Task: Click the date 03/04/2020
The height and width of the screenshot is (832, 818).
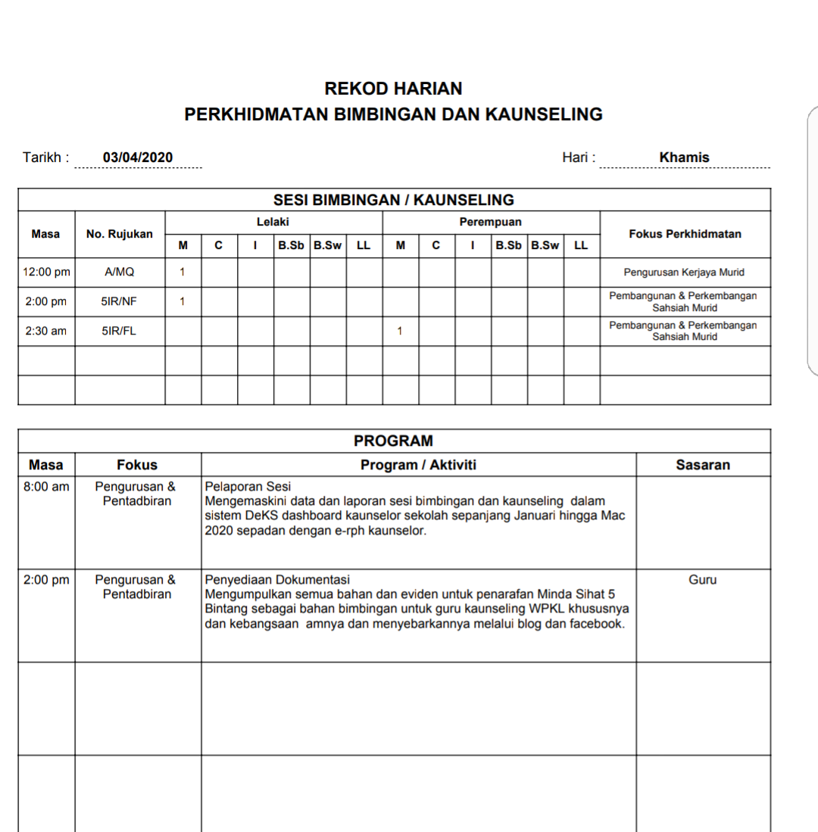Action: pos(138,157)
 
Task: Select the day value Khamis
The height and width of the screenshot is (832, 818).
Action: pos(684,157)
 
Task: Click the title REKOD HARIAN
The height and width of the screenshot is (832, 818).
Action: pos(393,89)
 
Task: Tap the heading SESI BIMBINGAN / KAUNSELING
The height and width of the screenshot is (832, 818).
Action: pos(393,200)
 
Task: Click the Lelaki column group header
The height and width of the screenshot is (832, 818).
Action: pos(273,222)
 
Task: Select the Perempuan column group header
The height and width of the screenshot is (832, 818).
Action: pos(490,222)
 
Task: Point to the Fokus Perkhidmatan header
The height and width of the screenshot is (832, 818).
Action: pos(685,234)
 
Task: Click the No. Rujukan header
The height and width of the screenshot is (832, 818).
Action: pos(120,234)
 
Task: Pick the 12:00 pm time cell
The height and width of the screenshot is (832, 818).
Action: pos(46,272)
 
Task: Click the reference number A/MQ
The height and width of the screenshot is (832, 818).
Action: pos(120,272)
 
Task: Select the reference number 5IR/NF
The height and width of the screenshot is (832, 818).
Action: pos(120,301)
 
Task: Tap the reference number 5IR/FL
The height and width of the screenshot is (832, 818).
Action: pos(120,331)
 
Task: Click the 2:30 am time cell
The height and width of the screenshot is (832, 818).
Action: pos(46,331)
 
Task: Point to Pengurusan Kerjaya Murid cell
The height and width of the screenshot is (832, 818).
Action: pos(684,272)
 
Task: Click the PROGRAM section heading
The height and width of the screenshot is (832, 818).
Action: pos(393,441)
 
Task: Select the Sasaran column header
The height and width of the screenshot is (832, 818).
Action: pos(703,465)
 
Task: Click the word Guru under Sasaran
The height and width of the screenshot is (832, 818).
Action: pos(703,580)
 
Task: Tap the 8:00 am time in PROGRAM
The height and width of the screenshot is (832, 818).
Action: pos(46,487)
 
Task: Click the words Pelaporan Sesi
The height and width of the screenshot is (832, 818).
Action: pos(248,487)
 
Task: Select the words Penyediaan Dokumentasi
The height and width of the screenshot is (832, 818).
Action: pos(277,580)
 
